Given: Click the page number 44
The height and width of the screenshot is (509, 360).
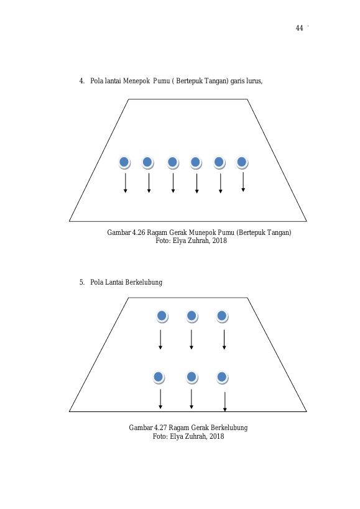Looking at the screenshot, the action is click(x=299, y=28).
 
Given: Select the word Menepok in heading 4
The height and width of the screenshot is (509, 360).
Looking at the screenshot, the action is click(x=136, y=81).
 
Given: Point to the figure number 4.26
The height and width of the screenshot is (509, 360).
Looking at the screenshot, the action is click(x=139, y=232).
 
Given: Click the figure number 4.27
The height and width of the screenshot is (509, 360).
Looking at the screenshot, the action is click(x=160, y=428).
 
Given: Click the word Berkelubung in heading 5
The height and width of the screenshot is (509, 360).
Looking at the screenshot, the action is click(x=144, y=282).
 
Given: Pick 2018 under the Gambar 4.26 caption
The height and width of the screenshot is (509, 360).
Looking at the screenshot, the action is click(x=219, y=241).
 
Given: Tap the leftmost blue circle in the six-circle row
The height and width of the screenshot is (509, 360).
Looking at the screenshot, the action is click(x=124, y=162).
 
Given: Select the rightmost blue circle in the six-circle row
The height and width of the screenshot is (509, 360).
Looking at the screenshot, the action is click(x=242, y=162).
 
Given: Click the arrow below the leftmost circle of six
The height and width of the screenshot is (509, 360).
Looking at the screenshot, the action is click(x=126, y=183).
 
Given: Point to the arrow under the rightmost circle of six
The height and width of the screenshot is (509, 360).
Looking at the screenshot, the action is click(x=243, y=181).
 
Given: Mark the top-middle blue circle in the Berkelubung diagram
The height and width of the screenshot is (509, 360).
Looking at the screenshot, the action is click(x=192, y=316).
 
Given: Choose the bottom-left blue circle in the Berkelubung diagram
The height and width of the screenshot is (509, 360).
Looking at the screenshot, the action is click(x=159, y=377).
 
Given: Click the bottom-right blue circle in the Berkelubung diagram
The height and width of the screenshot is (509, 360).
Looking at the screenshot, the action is click(x=222, y=377).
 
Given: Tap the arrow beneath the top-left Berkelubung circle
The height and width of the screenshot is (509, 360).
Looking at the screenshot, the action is click(x=160, y=339).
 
